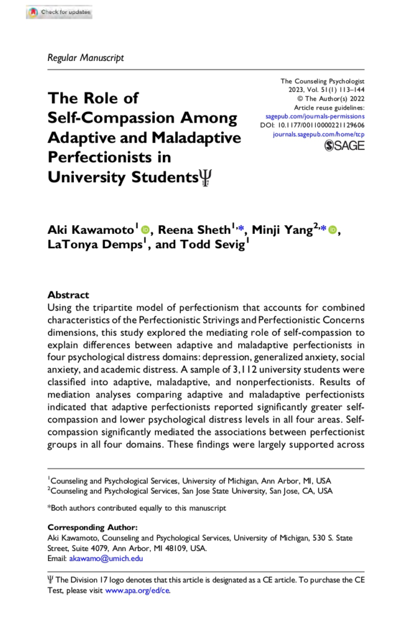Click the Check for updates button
click(x=59, y=12)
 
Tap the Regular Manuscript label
click(x=85, y=58)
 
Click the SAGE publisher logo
click(x=344, y=146)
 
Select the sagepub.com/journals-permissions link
click(x=315, y=116)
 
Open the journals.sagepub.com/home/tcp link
click(x=319, y=134)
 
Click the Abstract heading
click(x=68, y=295)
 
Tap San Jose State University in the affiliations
click(x=226, y=490)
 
